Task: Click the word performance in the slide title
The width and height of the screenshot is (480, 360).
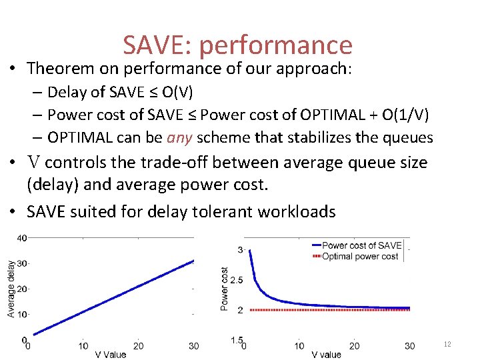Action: click(x=275, y=45)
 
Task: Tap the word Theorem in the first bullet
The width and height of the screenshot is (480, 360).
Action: click(x=59, y=68)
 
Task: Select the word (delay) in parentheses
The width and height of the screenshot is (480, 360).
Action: click(x=52, y=185)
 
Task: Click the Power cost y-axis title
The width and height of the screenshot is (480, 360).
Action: click(x=225, y=289)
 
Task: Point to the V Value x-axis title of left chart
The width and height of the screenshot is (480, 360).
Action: click(x=110, y=355)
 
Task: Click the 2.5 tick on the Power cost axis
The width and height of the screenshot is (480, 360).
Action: click(x=236, y=279)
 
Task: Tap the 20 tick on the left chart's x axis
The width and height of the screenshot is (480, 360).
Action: click(x=138, y=346)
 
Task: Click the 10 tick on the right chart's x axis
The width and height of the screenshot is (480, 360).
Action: click(x=299, y=346)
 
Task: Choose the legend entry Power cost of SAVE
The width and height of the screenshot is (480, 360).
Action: click(x=361, y=246)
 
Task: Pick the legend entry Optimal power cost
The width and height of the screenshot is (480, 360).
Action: click(x=360, y=256)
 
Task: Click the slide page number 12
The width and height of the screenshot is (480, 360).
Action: click(x=447, y=344)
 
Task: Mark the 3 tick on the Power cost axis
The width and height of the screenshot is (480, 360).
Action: click(x=240, y=249)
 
